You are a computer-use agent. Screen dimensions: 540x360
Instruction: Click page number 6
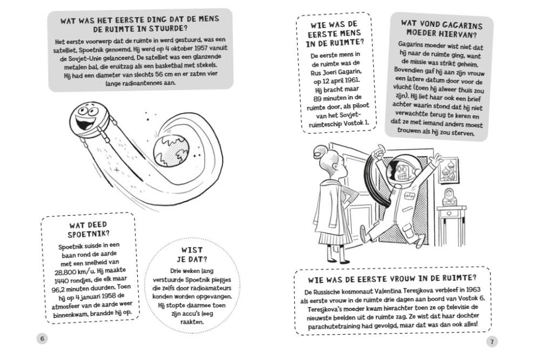pos(42,338)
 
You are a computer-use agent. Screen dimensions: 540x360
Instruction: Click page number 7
pos(492,342)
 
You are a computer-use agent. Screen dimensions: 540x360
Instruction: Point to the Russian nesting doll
pos(449,197)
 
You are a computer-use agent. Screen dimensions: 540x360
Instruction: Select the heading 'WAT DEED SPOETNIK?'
pos(89,229)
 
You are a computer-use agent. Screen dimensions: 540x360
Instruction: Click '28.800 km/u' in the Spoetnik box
pos(72,272)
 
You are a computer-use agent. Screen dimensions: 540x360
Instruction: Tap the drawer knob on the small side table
pos(449,214)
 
